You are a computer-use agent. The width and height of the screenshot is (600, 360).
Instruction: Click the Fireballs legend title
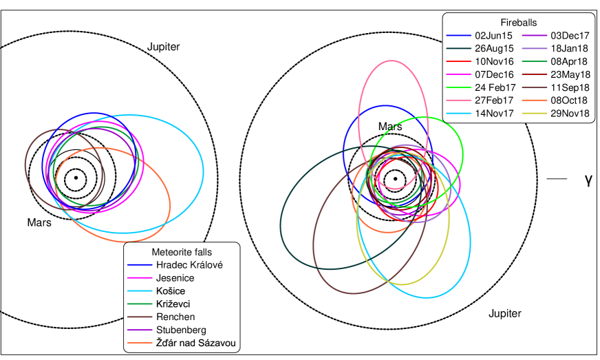tap(518, 23)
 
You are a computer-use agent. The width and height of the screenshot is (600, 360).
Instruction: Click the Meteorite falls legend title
tap(182, 252)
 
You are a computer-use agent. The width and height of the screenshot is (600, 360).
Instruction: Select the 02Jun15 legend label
tap(494, 36)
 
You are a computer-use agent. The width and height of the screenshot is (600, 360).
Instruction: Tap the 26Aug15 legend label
tap(494, 49)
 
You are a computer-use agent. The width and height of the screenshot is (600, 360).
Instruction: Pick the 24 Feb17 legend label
tap(495, 87)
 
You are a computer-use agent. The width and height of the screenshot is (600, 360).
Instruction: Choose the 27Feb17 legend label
tap(494, 100)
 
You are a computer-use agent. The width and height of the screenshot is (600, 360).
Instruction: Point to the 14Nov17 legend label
tap(495, 114)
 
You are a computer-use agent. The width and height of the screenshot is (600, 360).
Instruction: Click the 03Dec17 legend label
tap(570, 36)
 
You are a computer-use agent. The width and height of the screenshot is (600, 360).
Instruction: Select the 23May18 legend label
tap(570, 74)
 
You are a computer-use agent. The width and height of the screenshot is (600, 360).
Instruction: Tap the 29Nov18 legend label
tap(570, 114)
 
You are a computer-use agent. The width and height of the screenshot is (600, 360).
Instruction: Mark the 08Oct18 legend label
tap(570, 100)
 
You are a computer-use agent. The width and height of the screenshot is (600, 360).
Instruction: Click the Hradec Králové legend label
tap(189, 265)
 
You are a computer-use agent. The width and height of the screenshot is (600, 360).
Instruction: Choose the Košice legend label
tap(171, 291)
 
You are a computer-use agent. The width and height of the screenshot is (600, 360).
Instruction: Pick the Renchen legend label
tap(175, 317)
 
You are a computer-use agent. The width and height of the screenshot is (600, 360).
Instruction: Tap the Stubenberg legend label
tap(181, 330)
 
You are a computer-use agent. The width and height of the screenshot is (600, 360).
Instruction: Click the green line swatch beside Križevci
tap(140, 304)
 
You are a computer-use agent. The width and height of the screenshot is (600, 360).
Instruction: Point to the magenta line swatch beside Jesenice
tap(140, 278)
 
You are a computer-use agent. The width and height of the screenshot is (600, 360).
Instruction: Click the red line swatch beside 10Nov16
tap(458, 62)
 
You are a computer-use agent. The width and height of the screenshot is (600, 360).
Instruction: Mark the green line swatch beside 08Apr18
tap(533, 62)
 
